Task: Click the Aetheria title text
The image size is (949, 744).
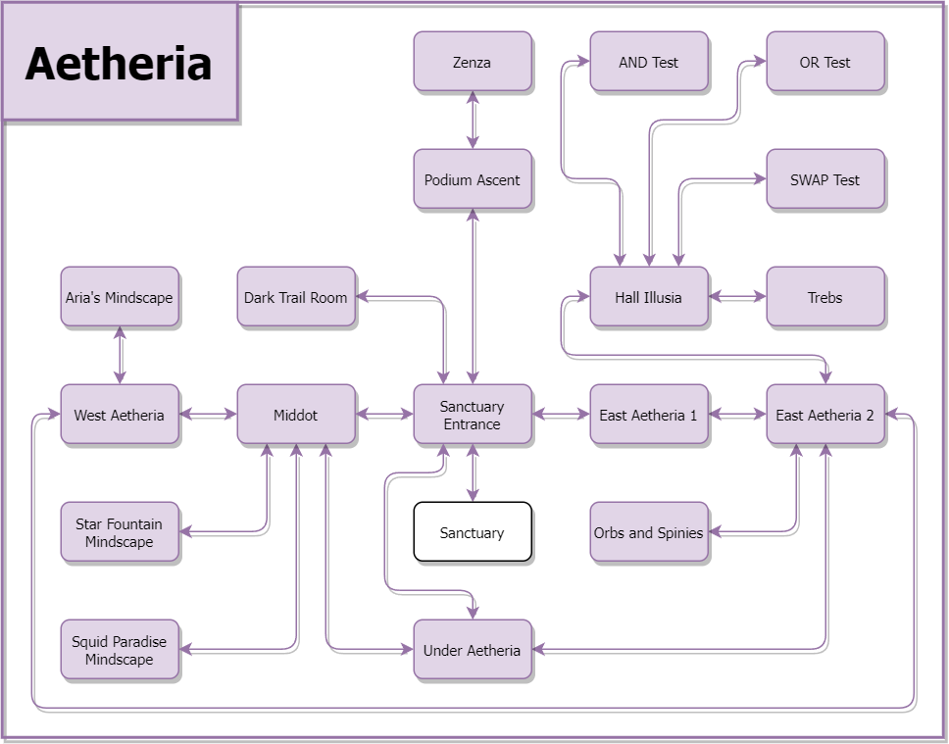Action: pyautogui.click(x=119, y=63)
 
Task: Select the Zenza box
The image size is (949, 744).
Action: pyautogui.click(x=473, y=62)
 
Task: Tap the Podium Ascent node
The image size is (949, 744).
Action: pyautogui.click(x=473, y=179)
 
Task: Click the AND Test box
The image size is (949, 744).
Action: pyautogui.click(x=649, y=62)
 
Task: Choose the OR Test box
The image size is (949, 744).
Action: pyautogui.click(x=825, y=62)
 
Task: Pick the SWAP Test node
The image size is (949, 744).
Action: pyautogui.click(x=825, y=179)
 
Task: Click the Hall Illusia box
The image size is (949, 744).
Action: pyautogui.click(x=649, y=297)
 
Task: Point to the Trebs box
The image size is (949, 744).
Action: pyautogui.click(x=825, y=297)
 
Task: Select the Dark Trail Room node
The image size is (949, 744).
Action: pyautogui.click(x=296, y=297)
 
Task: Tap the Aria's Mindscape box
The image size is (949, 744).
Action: pyautogui.click(x=120, y=297)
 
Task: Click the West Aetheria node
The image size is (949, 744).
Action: pyautogui.click(x=120, y=415)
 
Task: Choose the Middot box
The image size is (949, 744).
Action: pyautogui.click(x=296, y=415)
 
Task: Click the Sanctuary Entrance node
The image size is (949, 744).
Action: pyautogui.click(x=473, y=415)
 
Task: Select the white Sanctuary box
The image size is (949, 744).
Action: pyautogui.click(x=473, y=532)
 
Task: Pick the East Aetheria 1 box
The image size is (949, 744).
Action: pyautogui.click(x=649, y=415)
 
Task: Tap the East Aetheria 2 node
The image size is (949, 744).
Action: pyautogui.click(x=825, y=415)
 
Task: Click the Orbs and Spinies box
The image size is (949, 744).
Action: pyautogui.click(x=649, y=532)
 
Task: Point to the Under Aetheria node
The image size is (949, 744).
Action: pyautogui.click(x=473, y=650)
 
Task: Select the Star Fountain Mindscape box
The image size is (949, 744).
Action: pyautogui.click(x=120, y=532)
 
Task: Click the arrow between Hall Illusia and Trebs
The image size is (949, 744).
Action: pyautogui.click(x=737, y=297)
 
